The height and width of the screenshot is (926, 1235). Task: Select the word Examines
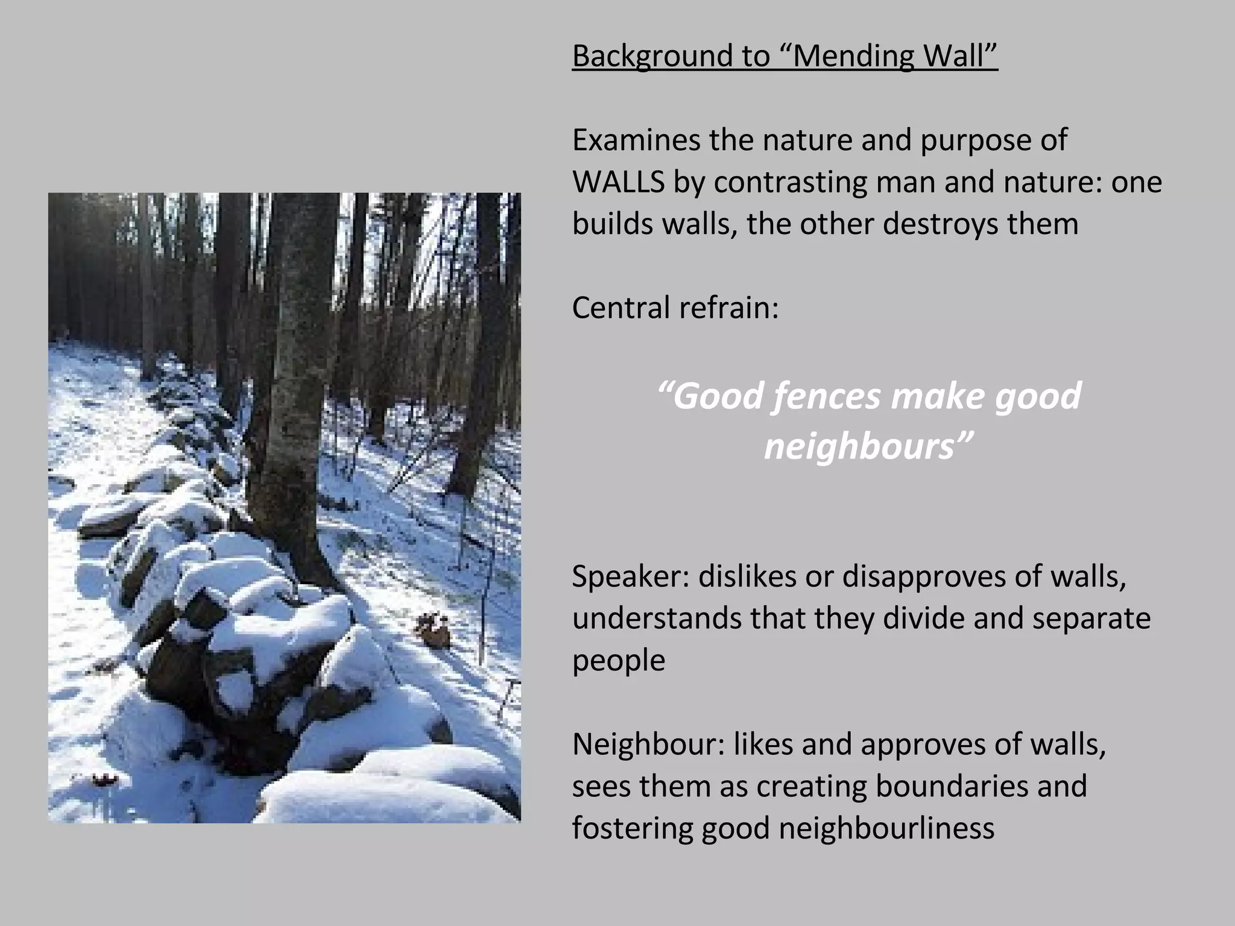(636, 140)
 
